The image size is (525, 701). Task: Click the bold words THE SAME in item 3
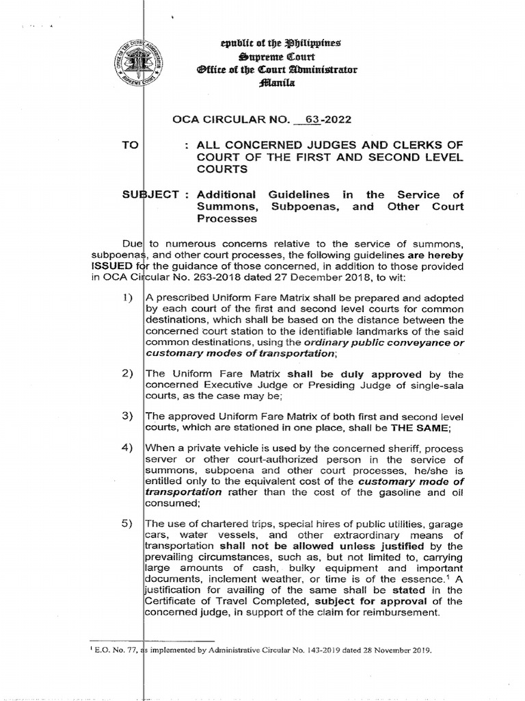click(x=420, y=428)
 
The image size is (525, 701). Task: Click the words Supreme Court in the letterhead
click(x=273, y=58)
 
